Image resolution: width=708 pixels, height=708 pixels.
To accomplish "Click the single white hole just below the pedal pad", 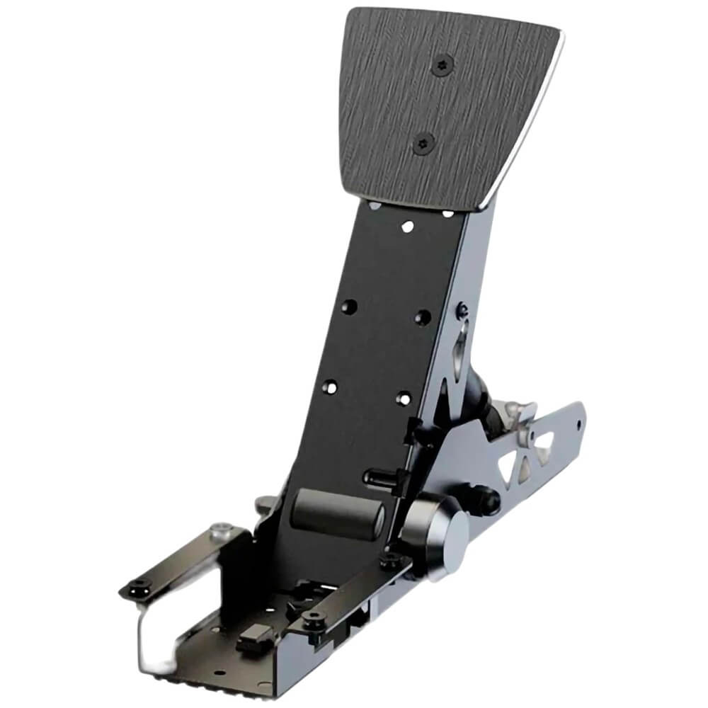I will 407,227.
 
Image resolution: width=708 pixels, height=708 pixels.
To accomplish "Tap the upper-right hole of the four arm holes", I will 423,316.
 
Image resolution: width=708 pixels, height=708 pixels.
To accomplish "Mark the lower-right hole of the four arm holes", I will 403,398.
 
